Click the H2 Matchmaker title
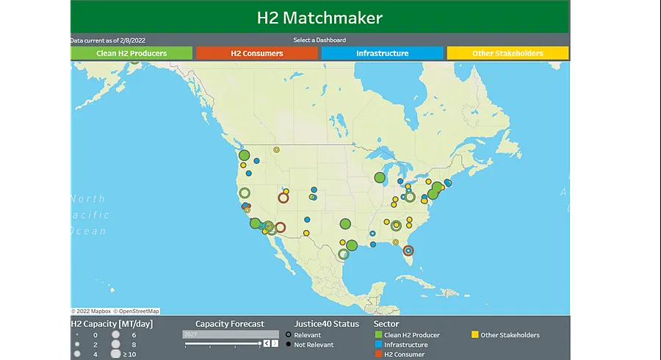[319, 18]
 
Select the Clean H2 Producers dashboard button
[131, 54]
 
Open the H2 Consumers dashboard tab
[256, 54]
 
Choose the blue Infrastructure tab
[382, 54]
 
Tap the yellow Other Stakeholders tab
[508, 54]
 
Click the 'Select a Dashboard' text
[319, 40]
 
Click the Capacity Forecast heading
[230, 323]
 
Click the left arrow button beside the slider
[267, 343]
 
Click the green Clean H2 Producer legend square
[378, 335]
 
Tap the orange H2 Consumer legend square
[378, 354]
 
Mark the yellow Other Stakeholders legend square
[474, 335]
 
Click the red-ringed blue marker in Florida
[408, 251]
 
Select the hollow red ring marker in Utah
[283, 197]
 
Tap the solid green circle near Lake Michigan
[380, 177]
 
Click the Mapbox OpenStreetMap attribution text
[115, 312]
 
